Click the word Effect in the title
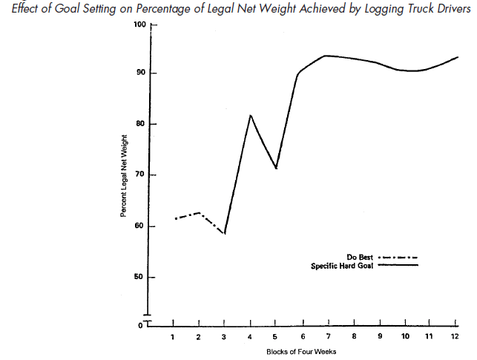[19, 8]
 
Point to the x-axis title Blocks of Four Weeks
[302, 351]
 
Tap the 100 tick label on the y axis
[139, 24]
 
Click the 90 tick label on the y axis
[141, 73]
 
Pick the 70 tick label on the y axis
[141, 175]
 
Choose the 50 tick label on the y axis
[141, 277]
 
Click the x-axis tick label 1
[173, 336]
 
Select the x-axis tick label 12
[455, 336]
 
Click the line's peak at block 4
[251, 115]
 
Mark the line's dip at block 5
[276, 168]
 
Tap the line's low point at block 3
[224, 233]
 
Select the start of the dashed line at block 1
[174, 218]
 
